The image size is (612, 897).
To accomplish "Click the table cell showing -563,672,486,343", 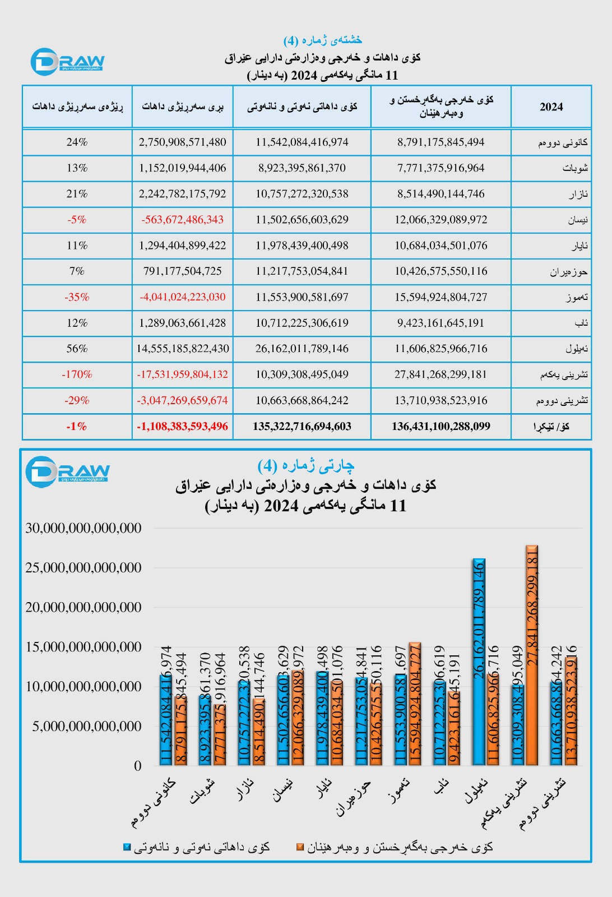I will click(x=182, y=220).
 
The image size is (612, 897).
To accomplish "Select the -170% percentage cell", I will click(x=77, y=374).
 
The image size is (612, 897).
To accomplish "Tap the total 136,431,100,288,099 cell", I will click(x=441, y=427).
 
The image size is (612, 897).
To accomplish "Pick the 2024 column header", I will click(x=551, y=107).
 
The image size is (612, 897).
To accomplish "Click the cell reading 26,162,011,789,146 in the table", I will click(x=302, y=349).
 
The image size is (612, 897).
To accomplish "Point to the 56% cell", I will click(x=77, y=349).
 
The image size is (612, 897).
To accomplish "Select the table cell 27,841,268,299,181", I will click(x=441, y=374).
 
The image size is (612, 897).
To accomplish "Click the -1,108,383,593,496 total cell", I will click(x=182, y=427).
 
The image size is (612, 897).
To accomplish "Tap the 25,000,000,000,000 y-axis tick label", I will click(x=84, y=568).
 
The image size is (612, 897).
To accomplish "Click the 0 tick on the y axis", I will click(x=137, y=766).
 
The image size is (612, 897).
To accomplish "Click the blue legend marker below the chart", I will click(x=127, y=847).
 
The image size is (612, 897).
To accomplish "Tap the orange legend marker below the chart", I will click(x=300, y=847).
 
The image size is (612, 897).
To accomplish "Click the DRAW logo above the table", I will click(x=67, y=62).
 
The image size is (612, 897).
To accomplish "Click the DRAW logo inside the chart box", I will click(x=67, y=471).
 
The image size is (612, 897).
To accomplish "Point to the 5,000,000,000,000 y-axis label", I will click(x=87, y=727).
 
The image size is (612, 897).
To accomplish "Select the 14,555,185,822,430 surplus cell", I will click(x=182, y=349).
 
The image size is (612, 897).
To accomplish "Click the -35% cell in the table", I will click(x=77, y=297).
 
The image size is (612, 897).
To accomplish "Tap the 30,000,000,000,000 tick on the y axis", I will click(x=84, y=528).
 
